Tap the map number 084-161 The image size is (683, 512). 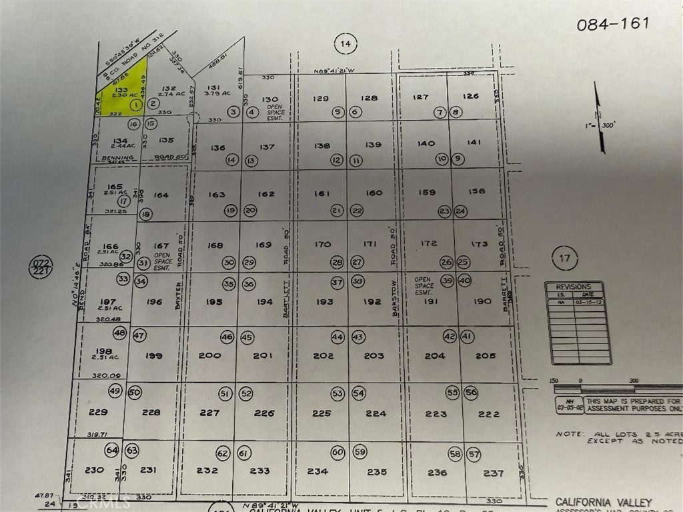[613, 24]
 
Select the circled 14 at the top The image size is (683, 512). [344, 44]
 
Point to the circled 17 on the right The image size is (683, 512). [565, 257]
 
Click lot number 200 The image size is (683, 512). [209, 355]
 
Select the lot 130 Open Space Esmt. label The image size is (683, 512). [275, 105]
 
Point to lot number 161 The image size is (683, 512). [322, 193]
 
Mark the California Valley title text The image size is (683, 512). [604, 501]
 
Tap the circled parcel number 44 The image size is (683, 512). [337, 337]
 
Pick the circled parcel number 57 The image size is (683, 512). [474, 454]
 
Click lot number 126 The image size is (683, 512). [471, 96]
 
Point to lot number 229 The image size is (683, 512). [97, 412]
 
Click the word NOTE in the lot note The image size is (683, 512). [569, 433]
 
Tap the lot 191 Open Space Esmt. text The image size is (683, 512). [424, 286]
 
